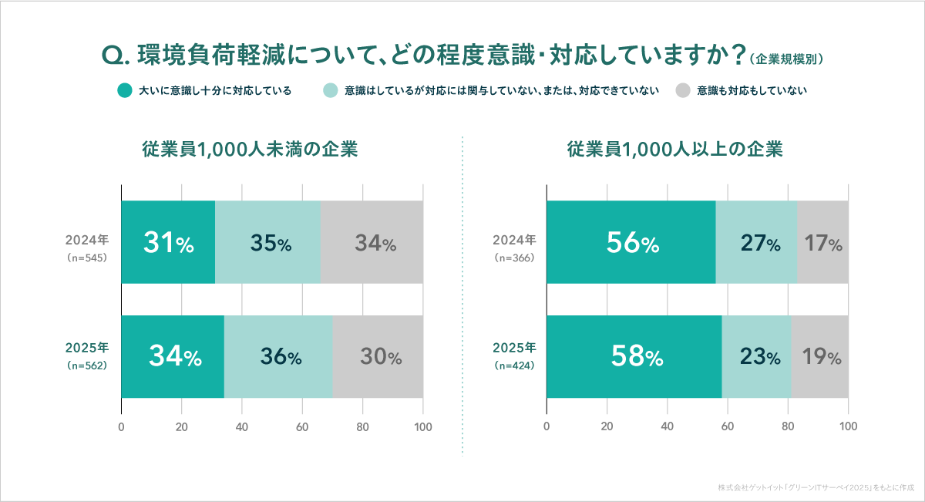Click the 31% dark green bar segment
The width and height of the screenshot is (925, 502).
168,242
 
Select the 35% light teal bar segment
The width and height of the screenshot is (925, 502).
267,242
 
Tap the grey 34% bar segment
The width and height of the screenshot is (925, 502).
372,242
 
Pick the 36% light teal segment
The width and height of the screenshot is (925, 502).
278,357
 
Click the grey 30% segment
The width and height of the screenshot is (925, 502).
378,357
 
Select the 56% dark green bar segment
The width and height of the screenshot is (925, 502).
631,242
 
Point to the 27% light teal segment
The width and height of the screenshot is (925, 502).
756,242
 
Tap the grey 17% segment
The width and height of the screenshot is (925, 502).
822,242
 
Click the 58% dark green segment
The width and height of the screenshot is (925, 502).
634,357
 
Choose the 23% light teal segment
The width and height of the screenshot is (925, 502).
756,357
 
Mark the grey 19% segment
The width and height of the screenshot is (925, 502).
819,357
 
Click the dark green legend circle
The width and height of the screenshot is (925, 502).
124,91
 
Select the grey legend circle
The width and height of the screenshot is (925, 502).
682,91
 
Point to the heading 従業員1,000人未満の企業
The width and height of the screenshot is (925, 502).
250,150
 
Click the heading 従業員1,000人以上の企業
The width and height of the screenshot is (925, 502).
675,150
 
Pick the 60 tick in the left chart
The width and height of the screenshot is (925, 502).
302,426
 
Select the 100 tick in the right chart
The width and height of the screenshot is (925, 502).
848,426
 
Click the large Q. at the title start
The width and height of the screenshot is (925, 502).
114,56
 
